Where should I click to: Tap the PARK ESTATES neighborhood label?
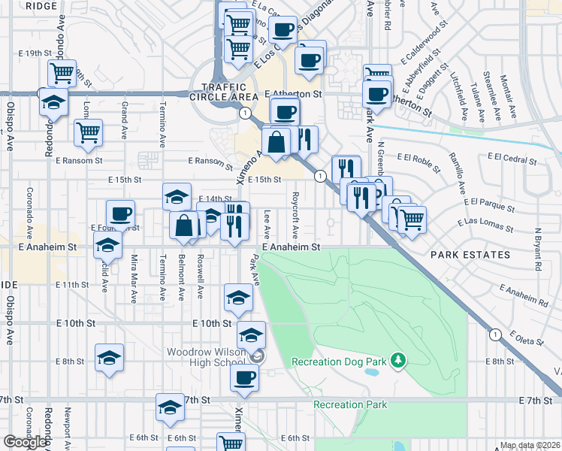470,255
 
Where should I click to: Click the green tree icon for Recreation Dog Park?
398,362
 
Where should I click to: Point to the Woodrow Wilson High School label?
206,357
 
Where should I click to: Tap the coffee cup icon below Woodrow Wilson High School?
244,377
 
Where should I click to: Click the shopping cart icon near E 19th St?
62,73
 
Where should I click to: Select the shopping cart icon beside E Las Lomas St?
411,219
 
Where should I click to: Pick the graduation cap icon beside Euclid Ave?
107,244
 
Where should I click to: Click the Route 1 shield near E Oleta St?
495,334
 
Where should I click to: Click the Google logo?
25,442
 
